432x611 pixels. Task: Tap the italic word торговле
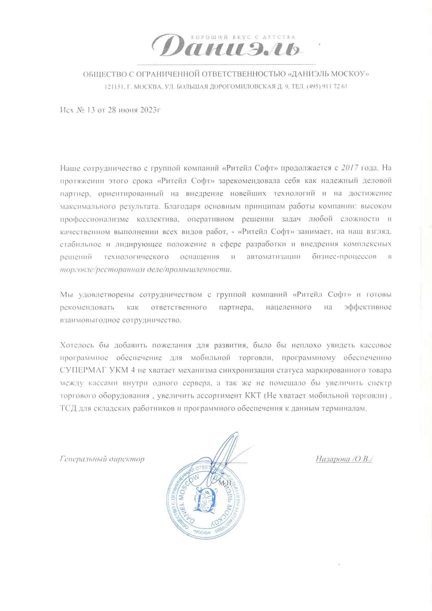[x=77, y=269]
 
